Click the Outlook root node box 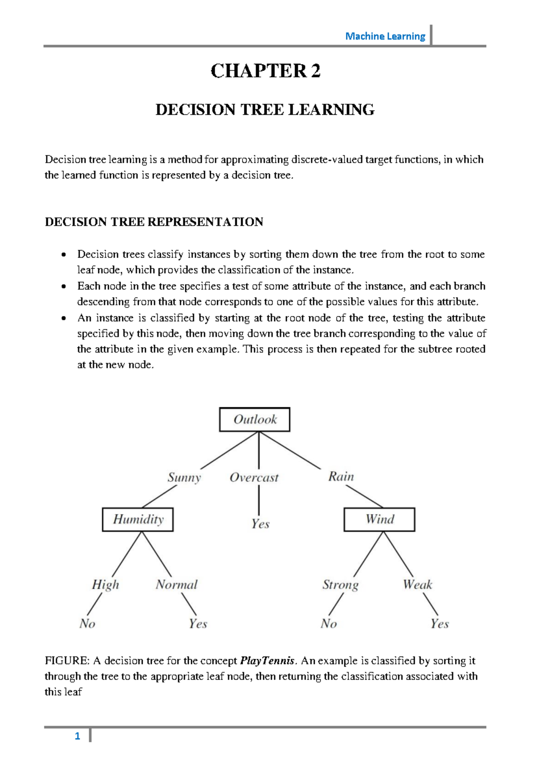pos(255,419)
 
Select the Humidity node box pos(138,519)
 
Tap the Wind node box pos(379,519)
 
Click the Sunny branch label pos(184,477)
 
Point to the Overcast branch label pos(254,478)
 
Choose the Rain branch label pos(341,476)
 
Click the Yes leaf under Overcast pos(260,524)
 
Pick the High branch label pos(106,584)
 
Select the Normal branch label pos(176,584)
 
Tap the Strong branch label pos(341,585)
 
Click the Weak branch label pos(417,584)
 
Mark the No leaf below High pos(87,623)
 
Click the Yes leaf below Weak pos(439,623)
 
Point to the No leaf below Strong pos(328,623)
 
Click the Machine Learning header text pos(385,36)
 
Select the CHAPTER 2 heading pos(265,71)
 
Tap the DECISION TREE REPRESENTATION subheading pos(154,222)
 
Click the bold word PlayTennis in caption pos(268,661)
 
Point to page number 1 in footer pos(77,736)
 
